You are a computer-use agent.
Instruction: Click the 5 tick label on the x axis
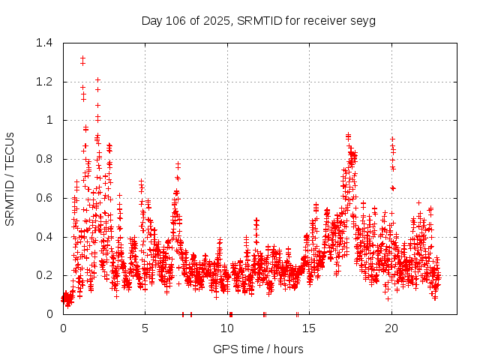pos(145,328)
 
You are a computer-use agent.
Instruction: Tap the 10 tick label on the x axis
pos(227,328)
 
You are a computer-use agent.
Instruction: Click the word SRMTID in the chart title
pos(259,20)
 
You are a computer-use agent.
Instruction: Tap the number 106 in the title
pos(175,20)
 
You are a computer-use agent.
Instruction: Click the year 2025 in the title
pos(217,20)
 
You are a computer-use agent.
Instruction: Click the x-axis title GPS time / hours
pos(258,349)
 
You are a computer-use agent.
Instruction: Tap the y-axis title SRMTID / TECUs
pos(10,178)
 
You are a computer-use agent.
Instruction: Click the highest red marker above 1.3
pos(82,57)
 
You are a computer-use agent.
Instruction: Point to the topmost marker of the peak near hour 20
pos(391,139)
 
